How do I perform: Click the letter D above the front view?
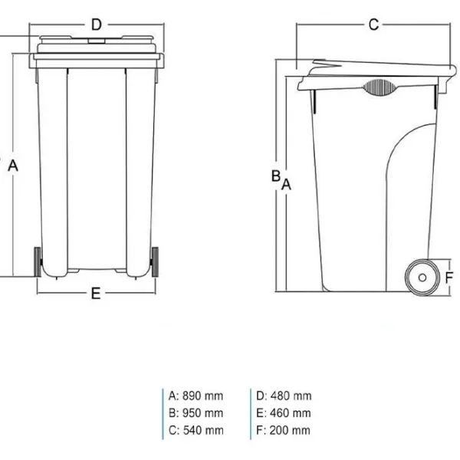click(96, 25)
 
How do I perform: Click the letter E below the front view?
click(96, 293)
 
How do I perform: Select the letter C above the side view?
click(373, 25)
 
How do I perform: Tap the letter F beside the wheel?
click(449, 278)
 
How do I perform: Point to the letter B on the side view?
click(275, 176)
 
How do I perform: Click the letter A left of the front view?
click(13, 164)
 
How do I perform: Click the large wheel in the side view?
click(419, 276)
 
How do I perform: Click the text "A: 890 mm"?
click(196, 396)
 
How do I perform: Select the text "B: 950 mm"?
click(196, 413)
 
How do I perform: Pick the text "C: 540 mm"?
click(196, 430)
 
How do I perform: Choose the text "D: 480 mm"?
click(284, 396)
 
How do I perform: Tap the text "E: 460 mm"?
click(284, 413)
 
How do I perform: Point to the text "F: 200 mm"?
click(284, 430)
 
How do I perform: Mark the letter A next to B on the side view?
click(287, 184)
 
